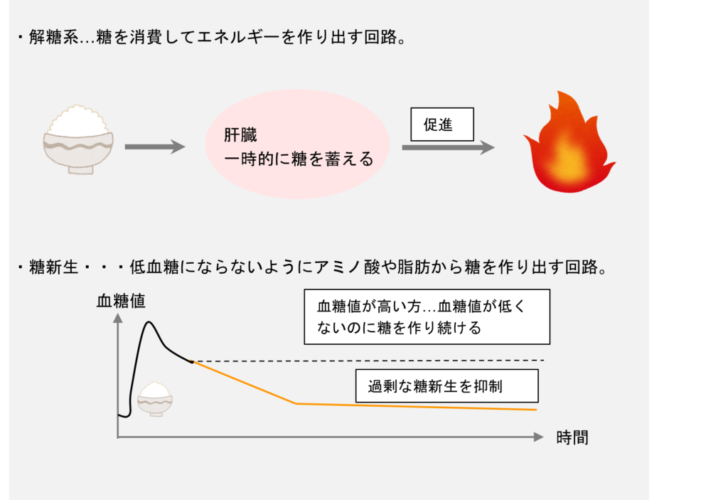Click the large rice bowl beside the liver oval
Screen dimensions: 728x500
pos(78,139)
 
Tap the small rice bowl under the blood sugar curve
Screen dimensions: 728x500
pos(155,399)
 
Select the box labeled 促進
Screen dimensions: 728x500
pos(442,124)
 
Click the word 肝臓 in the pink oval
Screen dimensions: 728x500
pos(240,135)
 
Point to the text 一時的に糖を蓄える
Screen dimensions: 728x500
pos(299,159)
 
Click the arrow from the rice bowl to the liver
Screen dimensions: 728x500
pos(155,147)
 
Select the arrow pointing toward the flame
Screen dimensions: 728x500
pos(448,147)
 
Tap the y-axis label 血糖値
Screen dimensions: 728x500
pos(121,301)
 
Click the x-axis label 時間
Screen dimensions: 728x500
pos(572,437)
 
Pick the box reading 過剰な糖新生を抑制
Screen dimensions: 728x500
pos(446,386)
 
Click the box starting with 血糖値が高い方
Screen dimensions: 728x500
pos(427,317)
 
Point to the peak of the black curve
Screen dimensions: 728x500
pos(149,322)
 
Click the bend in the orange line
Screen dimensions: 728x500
pos(296,403)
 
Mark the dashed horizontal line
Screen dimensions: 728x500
pos(368,361)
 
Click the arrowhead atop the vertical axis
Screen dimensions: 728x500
pos(118,318)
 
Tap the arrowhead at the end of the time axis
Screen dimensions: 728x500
pos(539,437)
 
